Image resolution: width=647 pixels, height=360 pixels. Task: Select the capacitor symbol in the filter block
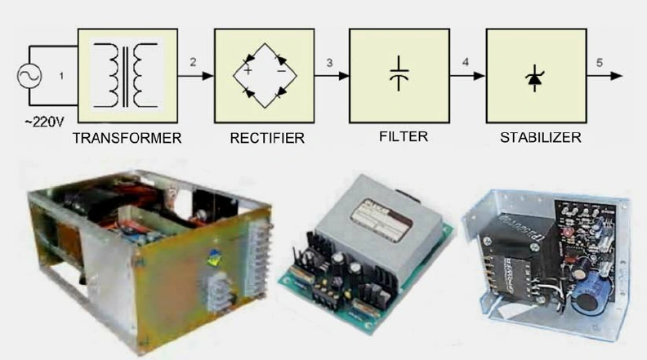(399, 73)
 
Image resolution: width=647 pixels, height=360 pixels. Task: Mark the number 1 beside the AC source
(60, 77)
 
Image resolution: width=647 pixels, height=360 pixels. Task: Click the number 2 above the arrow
(193, 62)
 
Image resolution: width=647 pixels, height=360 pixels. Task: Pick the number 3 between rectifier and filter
(328, 62)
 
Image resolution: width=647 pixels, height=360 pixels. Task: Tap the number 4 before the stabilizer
(464, 62)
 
